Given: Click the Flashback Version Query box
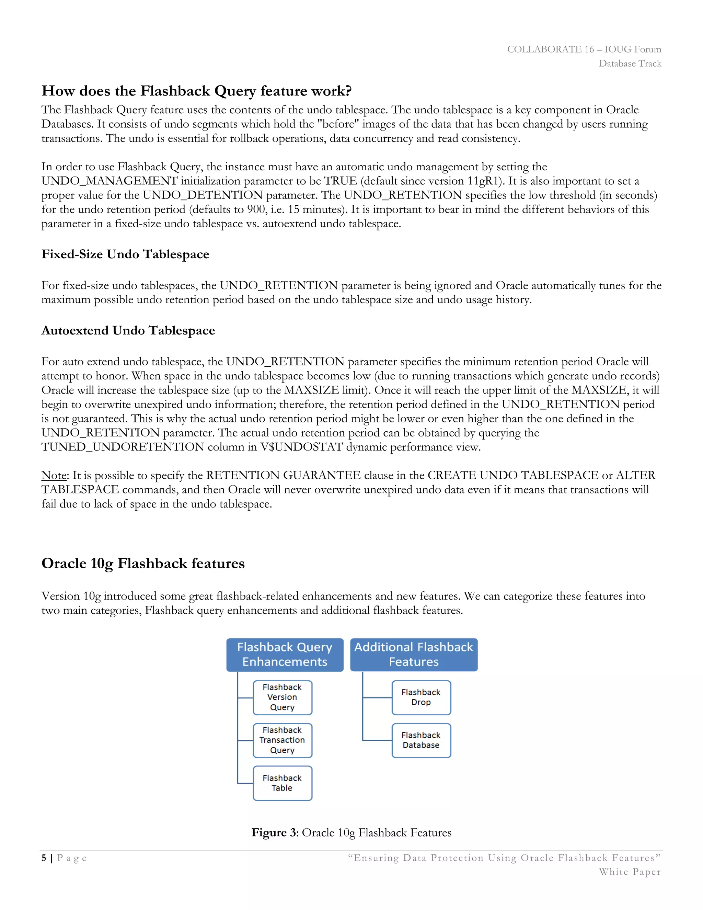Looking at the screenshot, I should (x=283, y=697).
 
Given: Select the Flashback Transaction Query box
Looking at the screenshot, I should (x=283, y=740).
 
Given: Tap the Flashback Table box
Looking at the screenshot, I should (x=283, y=783).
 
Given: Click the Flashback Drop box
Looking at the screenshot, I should (x=421, y=697).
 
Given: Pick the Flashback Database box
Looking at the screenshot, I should (x=421, y=740).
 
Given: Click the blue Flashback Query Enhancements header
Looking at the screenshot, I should (x=285, y=654).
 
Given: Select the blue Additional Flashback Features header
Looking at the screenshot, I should (x=414, y=654).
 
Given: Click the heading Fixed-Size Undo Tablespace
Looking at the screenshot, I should (x=125, y=254).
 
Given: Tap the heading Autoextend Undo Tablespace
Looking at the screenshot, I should (x=128, y=330).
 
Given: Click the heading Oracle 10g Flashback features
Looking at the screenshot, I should (x=143, y=563).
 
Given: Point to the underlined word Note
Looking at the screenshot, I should (x=54, y=475).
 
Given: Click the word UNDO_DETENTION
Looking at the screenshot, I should (x=203, y=195).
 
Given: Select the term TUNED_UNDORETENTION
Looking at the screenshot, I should (x=123, y=447).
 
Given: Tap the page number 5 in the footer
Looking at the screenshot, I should (x=44, y=858).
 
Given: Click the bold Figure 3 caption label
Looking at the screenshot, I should (x=274, y=832).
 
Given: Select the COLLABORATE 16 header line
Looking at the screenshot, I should (x=584, y=49).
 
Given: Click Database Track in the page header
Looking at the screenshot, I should (x=630, y=63).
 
